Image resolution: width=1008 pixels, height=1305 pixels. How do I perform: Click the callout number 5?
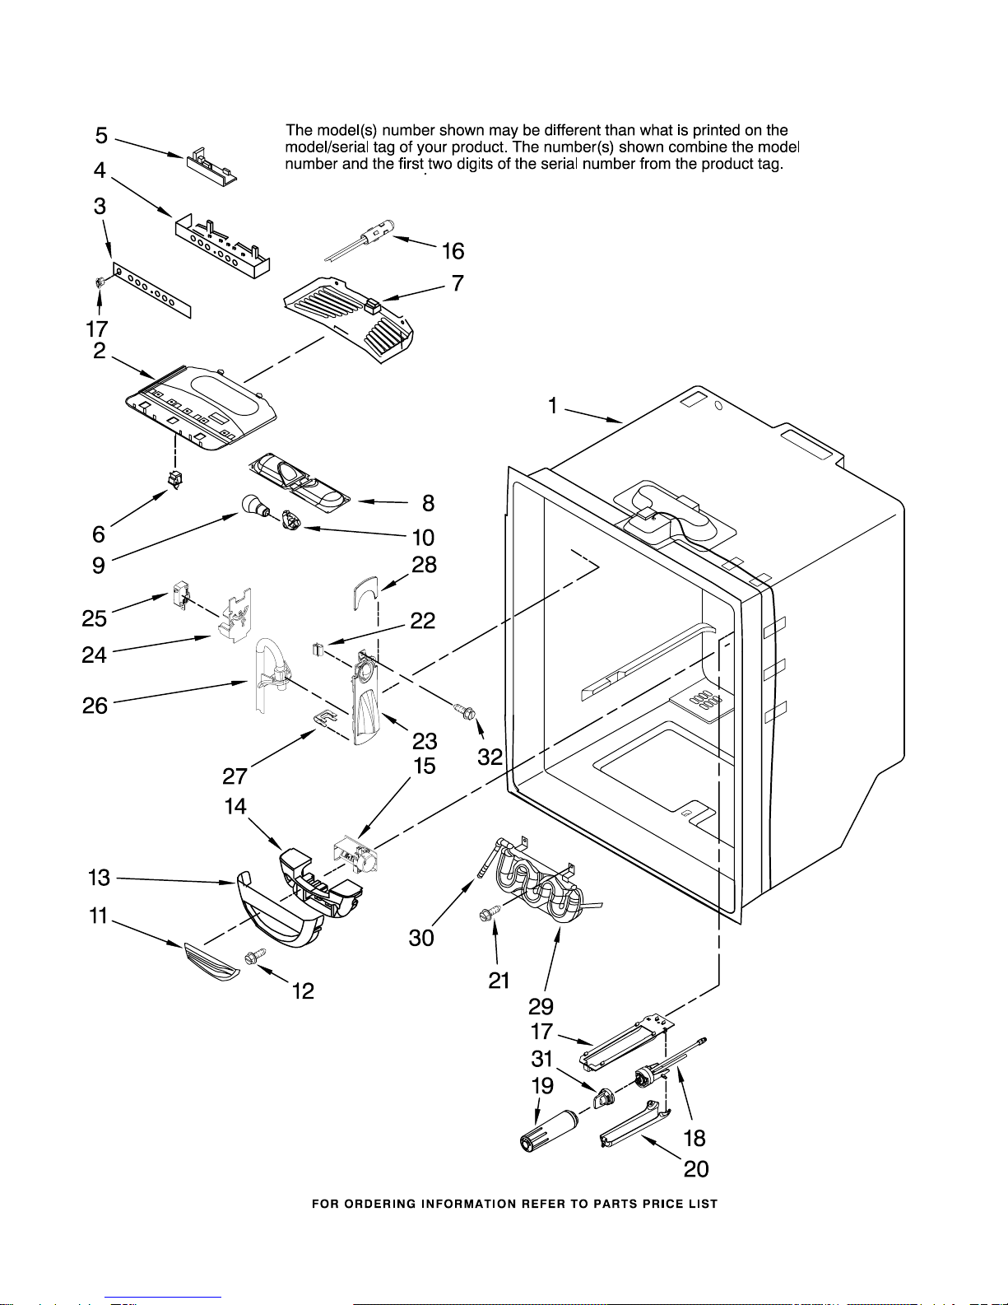coord(101,135)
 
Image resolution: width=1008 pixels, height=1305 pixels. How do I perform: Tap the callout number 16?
coord(453,251)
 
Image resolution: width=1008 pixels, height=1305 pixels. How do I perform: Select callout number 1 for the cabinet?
coord(553,405)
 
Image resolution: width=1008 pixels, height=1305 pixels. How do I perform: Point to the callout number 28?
coord(424,565)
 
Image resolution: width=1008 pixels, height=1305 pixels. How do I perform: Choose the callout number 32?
coord(490,757)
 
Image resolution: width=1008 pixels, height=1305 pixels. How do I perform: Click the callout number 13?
coord(99,878)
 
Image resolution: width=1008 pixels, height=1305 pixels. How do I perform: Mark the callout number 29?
coord(541,1006)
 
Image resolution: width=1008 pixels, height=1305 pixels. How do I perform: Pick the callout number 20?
coord(696,1169)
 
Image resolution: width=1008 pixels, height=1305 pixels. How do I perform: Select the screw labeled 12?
coord(255,958)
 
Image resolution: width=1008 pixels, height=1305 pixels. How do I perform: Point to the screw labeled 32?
coord(466,711)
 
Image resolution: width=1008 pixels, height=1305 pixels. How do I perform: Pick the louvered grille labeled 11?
coord(211,961)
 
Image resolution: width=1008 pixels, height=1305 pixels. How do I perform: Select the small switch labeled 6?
coord(175,480)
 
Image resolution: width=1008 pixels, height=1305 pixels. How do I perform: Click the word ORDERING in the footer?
coord(381,1204)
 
